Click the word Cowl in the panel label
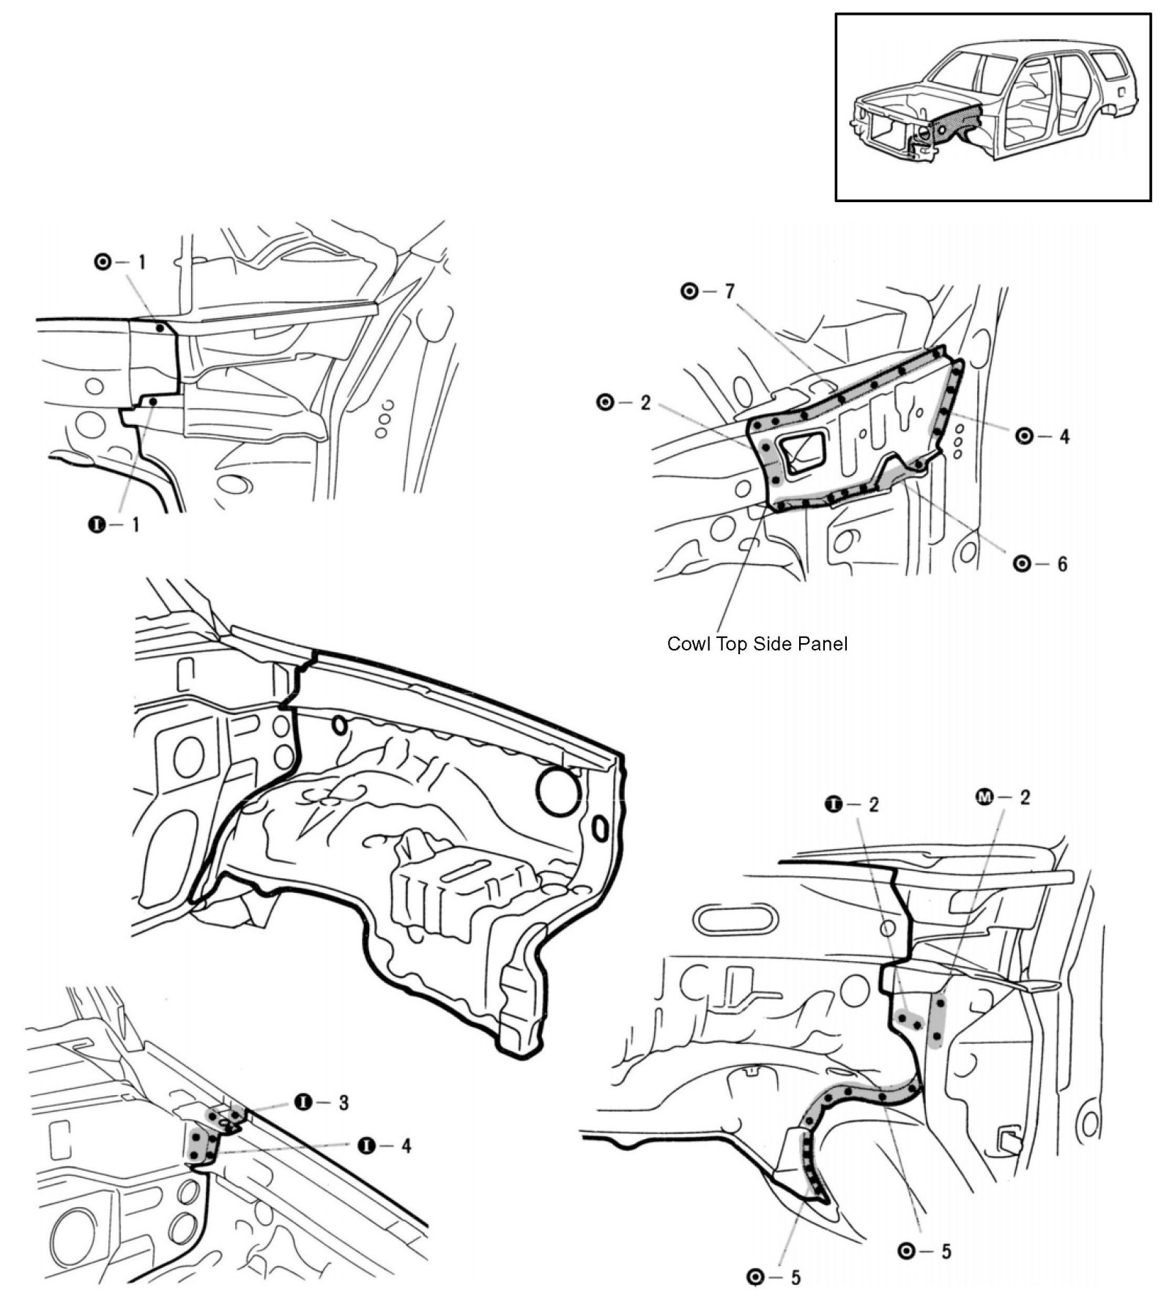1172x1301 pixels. point(686,644)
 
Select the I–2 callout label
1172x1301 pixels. point(852,804)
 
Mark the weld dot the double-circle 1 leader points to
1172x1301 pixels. point(160,328)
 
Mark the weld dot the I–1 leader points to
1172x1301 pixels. point(152,402)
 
